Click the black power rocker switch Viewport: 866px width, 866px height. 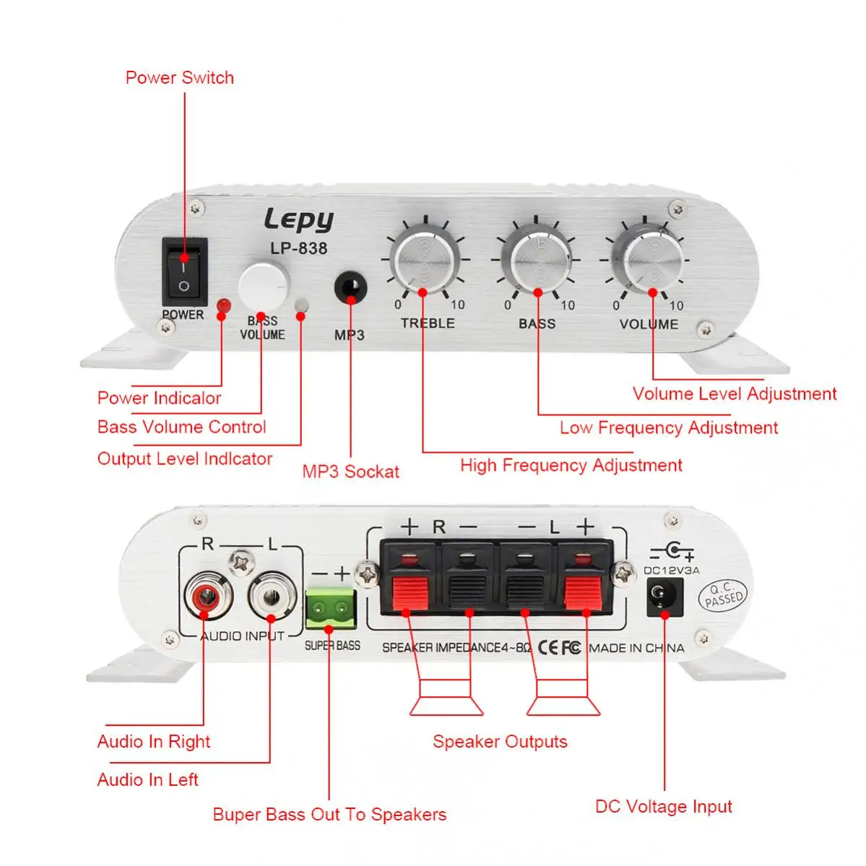184,271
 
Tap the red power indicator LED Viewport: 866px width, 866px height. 224,306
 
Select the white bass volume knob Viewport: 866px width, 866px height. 264,287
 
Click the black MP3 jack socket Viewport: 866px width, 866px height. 350,287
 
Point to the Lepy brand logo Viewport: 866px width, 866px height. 299,220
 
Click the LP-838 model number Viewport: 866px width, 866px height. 299,248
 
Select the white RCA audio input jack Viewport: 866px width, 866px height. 272,596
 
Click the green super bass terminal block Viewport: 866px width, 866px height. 330,609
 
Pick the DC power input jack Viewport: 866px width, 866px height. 664,597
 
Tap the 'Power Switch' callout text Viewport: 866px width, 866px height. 180,78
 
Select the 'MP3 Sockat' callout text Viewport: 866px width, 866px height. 350,472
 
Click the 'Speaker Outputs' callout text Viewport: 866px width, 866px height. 500,742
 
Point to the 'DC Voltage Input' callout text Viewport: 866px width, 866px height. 663,807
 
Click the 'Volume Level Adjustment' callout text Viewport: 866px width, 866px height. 735,394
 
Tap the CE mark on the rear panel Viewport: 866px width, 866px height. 547,647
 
